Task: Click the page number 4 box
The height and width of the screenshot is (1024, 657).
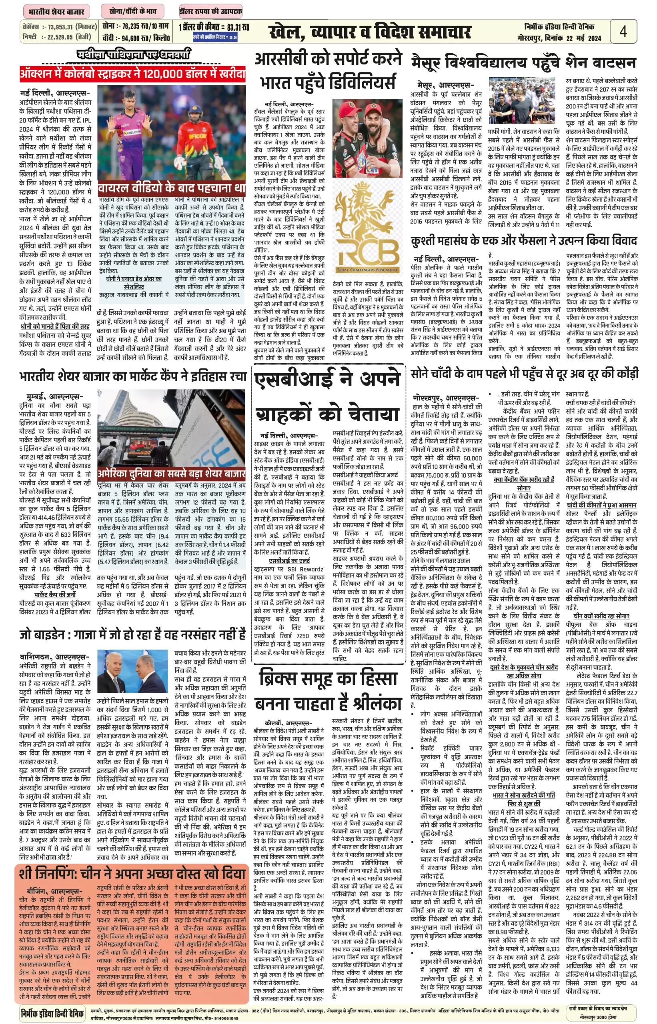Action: point(623,32)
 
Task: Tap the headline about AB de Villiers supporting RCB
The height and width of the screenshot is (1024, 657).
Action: point(328,70)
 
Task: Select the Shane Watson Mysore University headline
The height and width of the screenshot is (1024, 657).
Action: point(523,63)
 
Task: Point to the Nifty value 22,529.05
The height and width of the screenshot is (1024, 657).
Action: point(60,37)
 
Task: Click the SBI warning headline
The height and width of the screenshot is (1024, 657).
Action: point(327,397)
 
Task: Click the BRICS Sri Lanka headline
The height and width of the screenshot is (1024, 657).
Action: point(328,690)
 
